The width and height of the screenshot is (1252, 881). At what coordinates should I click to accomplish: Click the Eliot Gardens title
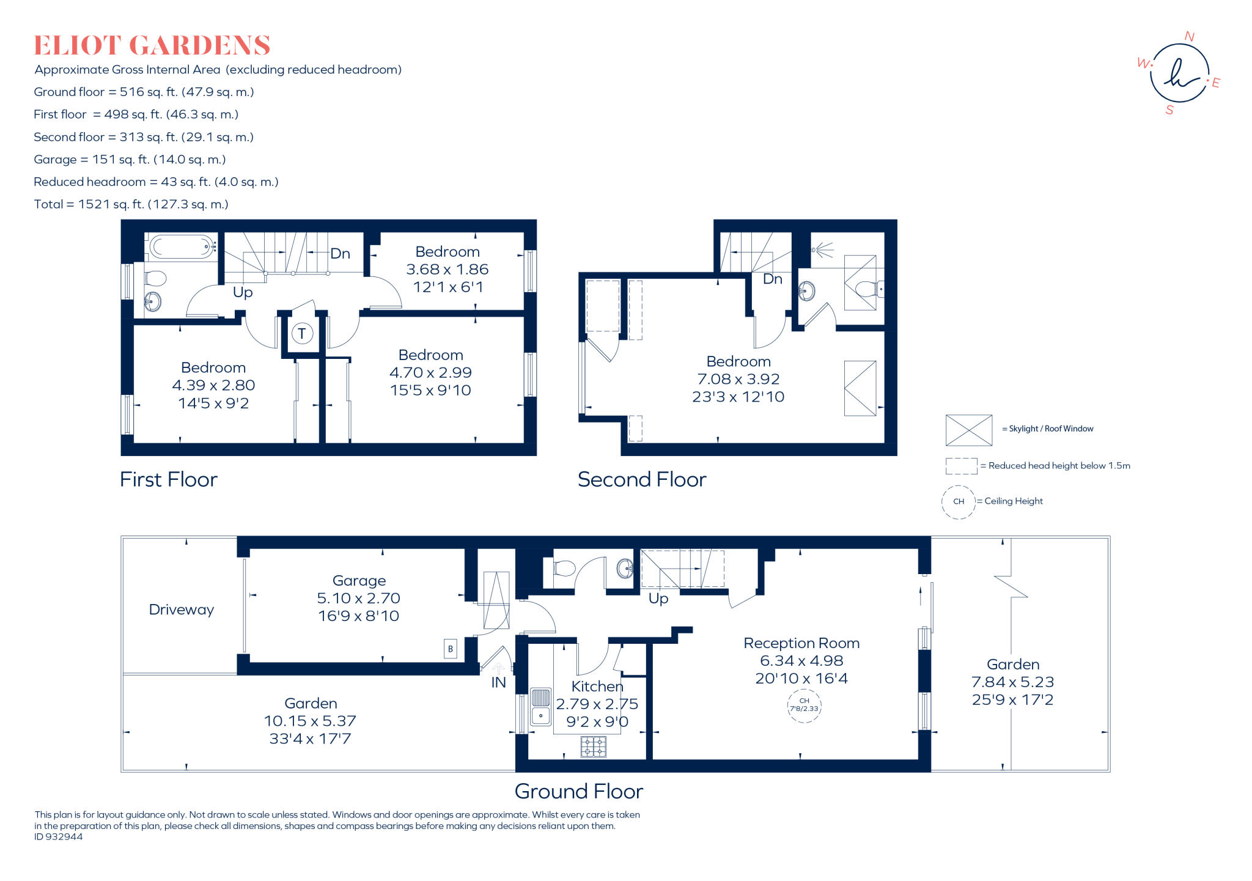(152, 45)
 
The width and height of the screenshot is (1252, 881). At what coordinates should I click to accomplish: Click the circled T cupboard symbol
(302, 334)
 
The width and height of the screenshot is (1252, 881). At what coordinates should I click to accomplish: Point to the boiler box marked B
(451, 649)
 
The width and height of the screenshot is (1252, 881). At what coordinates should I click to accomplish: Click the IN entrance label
(498, 682)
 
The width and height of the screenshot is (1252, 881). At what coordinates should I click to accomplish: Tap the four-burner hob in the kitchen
(593, 746)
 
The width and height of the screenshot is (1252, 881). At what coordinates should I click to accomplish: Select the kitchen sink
(540, 707)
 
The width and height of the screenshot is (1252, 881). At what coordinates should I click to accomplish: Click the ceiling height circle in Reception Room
(804, 706)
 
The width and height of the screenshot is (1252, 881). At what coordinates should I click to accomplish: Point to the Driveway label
(182, 610)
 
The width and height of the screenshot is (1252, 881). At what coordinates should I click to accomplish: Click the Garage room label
(359, 581)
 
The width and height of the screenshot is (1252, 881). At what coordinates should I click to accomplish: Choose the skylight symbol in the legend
(969, 430)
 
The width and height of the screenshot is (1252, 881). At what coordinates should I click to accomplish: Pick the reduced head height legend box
(961, 466)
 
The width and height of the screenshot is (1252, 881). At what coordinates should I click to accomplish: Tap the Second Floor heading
(642, 479)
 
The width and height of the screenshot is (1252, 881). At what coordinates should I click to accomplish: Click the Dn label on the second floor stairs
(773, 279)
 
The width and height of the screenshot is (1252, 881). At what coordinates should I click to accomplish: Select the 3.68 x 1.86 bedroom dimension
(447, 270)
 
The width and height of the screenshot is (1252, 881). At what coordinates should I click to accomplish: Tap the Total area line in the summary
(131, 204)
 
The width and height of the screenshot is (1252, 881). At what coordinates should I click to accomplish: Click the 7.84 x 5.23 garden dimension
(1013, 682)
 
